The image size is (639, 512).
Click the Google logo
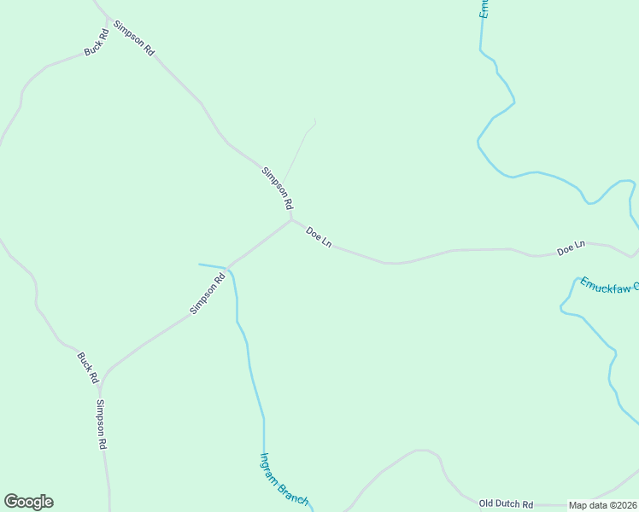pyautogui.click(x=28, y=502)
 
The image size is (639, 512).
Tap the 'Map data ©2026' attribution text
pyautogui.click(x=603, y=505)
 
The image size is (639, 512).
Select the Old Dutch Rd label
pyautogui.click(x=506, y=504)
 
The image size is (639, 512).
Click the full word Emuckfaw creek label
pyautogui.click(x=609, y=286)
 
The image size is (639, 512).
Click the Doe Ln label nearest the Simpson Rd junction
pyautogui.click(x=319, y=237)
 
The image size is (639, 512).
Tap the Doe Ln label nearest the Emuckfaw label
pyautogui.click(x=571, y=248)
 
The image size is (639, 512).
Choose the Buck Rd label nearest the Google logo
pyautogui.click(x=88, y=367)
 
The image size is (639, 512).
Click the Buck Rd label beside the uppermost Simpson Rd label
pyautogui.click(x=97, y=44)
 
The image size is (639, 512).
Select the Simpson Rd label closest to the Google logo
pyautogui.click(x=102, y=424)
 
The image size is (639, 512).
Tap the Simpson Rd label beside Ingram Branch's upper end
pyautogui.click(x=207, y=293)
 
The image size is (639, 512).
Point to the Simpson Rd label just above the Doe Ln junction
pyautogui.click(x=277, y=189)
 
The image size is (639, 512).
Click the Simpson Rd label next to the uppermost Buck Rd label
pyautogui.click(x=134, y=38)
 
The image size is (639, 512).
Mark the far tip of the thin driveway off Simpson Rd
pyautogui.click(x=315, y=119)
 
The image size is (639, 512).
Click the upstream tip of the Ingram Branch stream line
pyautogui.click(x=200, y=265)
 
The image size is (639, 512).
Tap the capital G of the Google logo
pyautogui.click(x=12, y=502)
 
